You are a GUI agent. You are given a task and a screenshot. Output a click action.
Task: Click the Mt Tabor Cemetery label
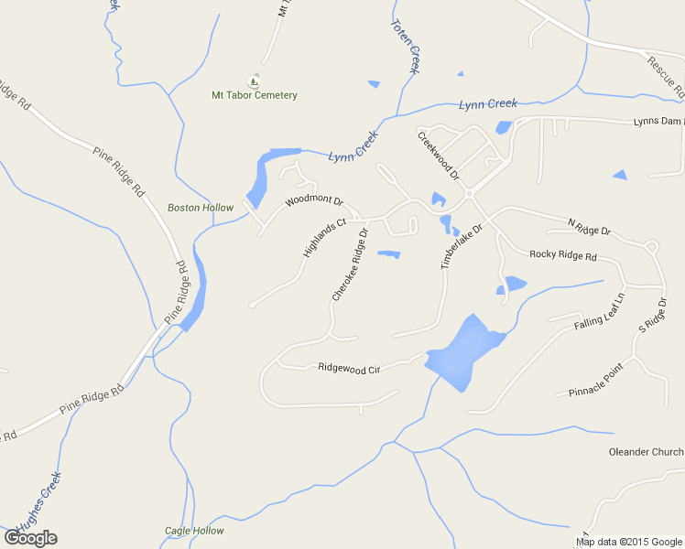(255, 95)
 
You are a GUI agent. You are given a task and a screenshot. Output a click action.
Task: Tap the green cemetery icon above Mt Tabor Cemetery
(255, 81)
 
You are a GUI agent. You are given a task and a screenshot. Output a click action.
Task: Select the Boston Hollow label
(201, 208)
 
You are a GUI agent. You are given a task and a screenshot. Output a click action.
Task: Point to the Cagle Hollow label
(194, 531)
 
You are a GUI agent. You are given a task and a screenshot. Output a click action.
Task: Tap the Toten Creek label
(405, 47)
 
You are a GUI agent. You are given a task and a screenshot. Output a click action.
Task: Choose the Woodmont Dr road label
(313, 200)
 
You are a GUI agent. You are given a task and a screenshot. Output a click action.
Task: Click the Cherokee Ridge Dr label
(350, 265)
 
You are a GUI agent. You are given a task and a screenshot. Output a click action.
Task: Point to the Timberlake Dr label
(461, 246)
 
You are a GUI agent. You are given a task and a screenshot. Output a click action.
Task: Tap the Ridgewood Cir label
(349, 367)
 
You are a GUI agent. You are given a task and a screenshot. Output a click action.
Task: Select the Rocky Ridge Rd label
(563, 256)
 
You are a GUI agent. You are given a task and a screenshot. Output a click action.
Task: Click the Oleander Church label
(646, 452)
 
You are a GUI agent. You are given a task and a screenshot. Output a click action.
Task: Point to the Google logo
(30, 538)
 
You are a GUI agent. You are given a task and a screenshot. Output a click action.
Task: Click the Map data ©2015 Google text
(629, 542)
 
